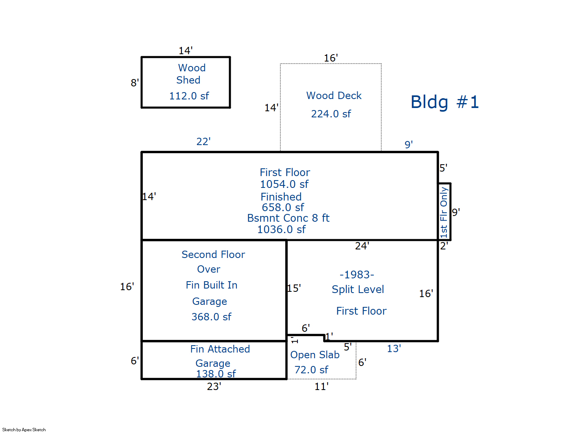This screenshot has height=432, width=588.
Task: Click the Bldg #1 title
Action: point(444,102)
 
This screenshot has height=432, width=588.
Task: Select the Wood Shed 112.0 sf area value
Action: point(189,96)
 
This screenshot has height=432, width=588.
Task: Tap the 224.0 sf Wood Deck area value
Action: point(331,114)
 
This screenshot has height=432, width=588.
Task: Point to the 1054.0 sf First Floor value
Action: point(284,185)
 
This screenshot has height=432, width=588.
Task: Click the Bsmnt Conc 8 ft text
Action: point(288,218)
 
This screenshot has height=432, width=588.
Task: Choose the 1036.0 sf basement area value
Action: point(281,230)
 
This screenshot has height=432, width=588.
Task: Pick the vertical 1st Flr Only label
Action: point(444,212)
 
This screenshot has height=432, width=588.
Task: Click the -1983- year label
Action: point(357,275)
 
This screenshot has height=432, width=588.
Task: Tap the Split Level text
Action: point(358,290)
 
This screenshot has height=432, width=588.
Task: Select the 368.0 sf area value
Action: point(211,317)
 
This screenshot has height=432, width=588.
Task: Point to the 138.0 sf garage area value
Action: point(216,374)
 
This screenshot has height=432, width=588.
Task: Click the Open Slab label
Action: point(315,355)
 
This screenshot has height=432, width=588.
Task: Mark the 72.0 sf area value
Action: point(311,370)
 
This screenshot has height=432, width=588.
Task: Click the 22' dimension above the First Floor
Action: point(203,142)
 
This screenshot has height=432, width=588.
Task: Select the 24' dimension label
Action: point(362,246)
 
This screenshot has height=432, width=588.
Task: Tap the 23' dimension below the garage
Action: point(214,386)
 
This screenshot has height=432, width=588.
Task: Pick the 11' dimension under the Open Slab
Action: point(321,386)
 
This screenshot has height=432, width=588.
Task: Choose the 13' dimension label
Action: point(394,349)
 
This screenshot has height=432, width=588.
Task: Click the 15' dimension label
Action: point(294,289)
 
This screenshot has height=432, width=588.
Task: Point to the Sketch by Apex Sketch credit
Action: point(24,430)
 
